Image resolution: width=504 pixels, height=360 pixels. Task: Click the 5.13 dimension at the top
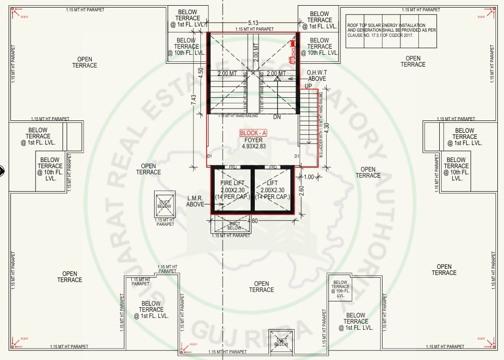[x=253, y=23]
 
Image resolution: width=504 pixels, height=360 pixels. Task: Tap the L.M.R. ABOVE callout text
[x=196, y=201]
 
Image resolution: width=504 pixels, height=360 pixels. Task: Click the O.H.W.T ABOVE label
[x=317, y=75]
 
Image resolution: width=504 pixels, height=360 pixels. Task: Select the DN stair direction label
[x=277, y=117]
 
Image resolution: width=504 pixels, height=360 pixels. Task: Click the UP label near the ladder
[x=308, y=86]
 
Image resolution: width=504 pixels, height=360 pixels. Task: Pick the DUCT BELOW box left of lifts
[x=164, y=204]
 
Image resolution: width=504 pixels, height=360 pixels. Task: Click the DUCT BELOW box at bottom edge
[x=281, y=342]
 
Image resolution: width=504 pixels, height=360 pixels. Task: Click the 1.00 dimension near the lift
[x=309, y=177]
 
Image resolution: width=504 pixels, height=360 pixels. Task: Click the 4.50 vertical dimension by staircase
[x=200, y=74]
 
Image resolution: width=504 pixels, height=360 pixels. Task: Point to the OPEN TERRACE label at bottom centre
[x=261, y=287]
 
